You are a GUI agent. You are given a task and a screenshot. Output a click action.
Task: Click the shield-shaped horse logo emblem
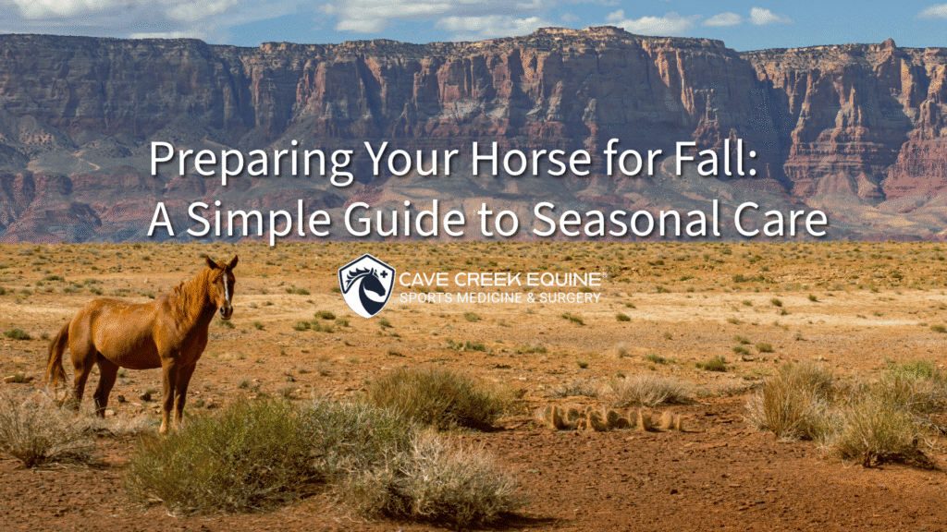point(366,285)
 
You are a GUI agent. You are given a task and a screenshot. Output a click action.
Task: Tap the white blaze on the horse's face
point(225,289)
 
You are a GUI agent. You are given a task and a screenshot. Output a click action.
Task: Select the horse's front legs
point(170,393)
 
